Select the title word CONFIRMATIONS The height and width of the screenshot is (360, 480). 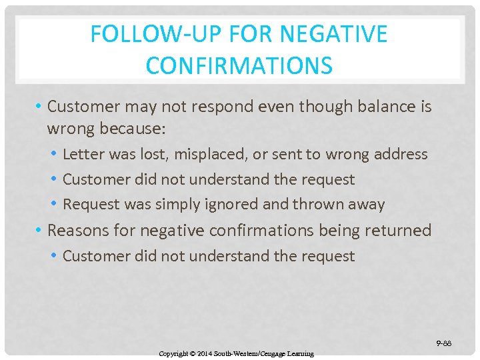(x=239, y=65)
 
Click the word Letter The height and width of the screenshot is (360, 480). (x=81, y=154)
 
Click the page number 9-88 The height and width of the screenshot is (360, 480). (x=444, y=343)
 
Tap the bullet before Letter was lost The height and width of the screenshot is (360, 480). (x=53, y=155)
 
